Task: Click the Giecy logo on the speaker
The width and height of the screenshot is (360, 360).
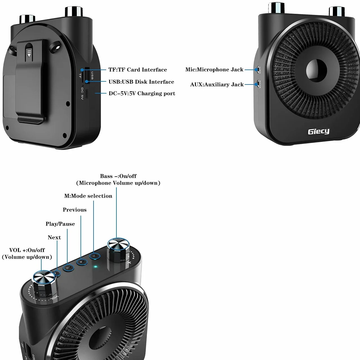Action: [x=318, y=131]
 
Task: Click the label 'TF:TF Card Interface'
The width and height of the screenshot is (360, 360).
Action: [x=138, y=70]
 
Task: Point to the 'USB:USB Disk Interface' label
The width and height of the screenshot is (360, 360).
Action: [x=141, y=82]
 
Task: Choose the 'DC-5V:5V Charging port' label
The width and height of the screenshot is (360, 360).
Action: [x=142, y=94]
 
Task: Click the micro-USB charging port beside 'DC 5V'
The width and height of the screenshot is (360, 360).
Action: [x=87, y=94]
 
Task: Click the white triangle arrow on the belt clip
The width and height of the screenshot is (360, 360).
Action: [x=29, y=55]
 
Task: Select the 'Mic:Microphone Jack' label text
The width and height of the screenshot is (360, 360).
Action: [x=214, y=70]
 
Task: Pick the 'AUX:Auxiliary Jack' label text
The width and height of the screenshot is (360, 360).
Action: [x=217, y=84]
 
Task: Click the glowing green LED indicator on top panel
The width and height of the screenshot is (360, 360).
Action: [x=96, y=266]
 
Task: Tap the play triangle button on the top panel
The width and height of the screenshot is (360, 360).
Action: [x=82, y=262]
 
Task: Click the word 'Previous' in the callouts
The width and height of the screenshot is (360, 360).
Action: [x=75, y=210]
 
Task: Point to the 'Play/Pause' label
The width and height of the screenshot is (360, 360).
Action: [x=60, y=224]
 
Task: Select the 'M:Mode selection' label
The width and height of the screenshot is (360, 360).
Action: [x=88, y=196]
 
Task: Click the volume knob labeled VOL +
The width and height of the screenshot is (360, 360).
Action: [x=44, y=282]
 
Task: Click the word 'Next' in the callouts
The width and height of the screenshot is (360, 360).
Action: [x=54, y=237]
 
